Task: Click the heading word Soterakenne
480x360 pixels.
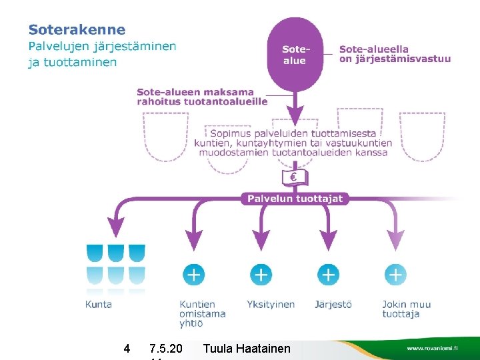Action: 77,29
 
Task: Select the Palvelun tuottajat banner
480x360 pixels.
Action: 295,198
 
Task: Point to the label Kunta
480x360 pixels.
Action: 99,304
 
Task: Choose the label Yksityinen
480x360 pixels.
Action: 271,304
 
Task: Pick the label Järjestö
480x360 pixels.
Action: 333,304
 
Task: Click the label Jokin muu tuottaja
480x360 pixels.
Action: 407,309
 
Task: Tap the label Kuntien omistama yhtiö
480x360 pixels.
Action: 202,313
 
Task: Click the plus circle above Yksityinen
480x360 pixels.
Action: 261,274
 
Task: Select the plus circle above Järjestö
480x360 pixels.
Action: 328,274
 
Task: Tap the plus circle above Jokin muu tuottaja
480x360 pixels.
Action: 395,274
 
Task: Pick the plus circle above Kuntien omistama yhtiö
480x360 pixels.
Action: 194,274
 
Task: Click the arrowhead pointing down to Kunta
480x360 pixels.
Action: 117,227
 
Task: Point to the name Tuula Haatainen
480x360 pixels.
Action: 247,348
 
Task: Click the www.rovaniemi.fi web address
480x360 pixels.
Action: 432,349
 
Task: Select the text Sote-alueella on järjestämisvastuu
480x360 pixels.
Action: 395,53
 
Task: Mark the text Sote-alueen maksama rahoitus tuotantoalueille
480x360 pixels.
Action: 201,97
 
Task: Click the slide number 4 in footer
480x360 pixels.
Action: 127,348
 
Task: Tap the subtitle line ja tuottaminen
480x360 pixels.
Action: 72,62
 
